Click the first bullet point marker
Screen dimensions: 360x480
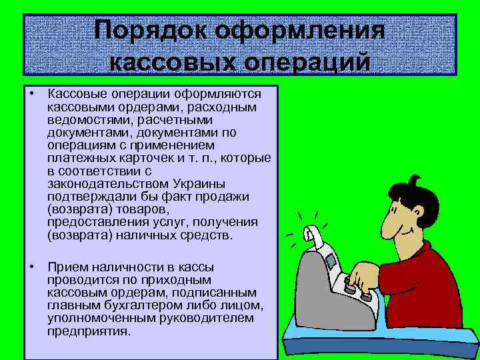(32, 95)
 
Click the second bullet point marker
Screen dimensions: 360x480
(32, 267)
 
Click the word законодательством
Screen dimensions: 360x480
(106, 184)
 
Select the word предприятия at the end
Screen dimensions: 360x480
(89, 331)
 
